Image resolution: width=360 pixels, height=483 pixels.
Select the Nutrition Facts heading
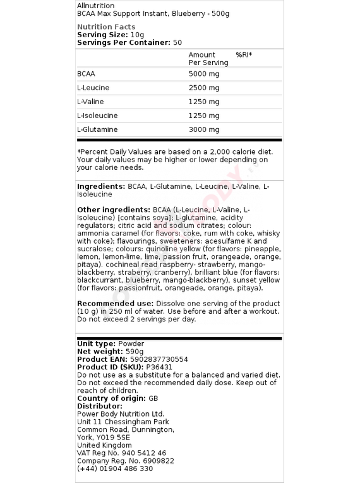(x=106, y=27)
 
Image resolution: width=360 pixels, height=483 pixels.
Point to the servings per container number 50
(x=177, y=42)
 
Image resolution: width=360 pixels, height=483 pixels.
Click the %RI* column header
(x=244, y=55)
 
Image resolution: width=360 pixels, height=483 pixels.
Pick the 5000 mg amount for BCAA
(x=204, y=74)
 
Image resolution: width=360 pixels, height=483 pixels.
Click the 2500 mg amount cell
(x=204, y=88)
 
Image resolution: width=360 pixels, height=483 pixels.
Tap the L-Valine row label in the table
(x=90, y=102)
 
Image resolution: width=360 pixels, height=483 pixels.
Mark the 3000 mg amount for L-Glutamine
(x=204, y=129)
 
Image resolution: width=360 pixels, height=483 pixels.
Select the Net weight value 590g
(x=134, y=351)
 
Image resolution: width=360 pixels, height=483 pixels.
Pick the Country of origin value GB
(x=153, y=398)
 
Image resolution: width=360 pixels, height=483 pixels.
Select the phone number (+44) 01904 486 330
(x=115, y=468)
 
